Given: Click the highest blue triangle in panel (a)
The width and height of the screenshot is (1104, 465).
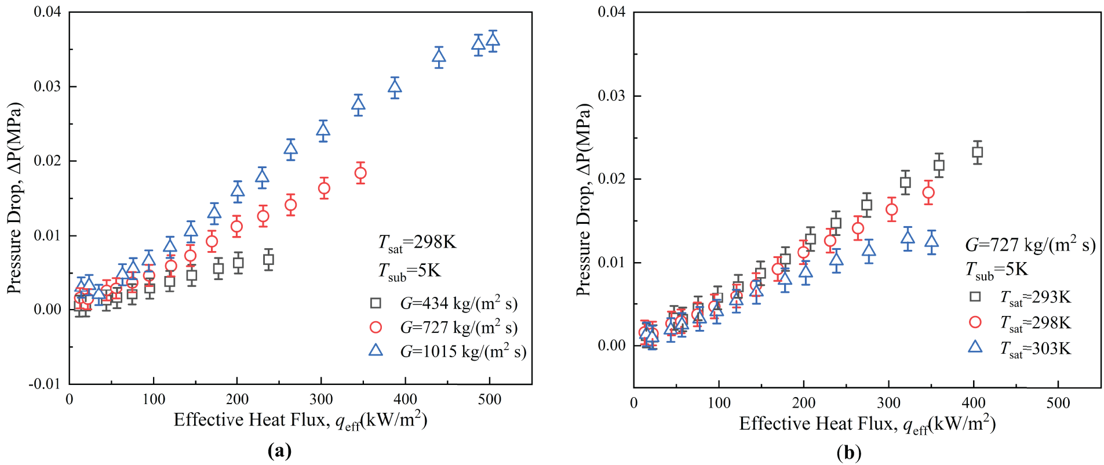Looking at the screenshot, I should pyautogui.click(x=493, y=41).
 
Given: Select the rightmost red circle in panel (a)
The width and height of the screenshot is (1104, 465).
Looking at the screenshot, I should pyautogui.click(x=360, y=173).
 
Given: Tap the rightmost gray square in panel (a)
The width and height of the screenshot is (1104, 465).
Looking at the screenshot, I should pyautogui.click(x=268, y=260).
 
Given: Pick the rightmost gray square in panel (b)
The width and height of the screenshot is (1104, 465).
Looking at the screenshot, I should pyautogui.click(x=977, y=152).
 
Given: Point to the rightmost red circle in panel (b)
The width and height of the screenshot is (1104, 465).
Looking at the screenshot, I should pyautogui.click(x=928, y=192).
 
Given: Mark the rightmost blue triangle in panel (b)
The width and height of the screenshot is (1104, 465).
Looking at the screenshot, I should pyautogui.click(x=931, y=241).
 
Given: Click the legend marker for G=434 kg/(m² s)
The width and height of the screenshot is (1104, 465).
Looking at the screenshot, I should pyautogui.click(x=376, y=303).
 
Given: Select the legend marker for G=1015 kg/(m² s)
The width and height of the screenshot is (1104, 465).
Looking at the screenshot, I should pyautogui.click(x=376, y=350).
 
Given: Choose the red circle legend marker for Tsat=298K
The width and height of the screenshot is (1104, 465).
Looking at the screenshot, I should pyautogui.click(x=975, y=322).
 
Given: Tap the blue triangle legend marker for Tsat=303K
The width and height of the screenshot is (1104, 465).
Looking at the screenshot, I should pyautogui.click(x=975, y=347).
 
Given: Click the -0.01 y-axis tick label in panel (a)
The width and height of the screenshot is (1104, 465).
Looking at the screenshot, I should pyautogui.click(x=45, y=383).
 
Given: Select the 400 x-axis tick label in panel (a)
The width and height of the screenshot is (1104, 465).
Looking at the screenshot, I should pyautogui.click(x=405, y=399).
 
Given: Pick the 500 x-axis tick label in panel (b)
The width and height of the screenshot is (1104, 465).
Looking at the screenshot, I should pyautogui.click(x=1058, y=403).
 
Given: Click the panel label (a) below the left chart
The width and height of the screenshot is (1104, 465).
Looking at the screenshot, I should pyautogui.click(x=280, y=451).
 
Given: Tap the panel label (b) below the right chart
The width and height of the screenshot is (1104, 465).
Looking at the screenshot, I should pyautogui.click(x=850, y=453).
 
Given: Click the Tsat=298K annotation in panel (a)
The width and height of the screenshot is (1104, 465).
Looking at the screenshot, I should pyautogui.click(x=417, y=243).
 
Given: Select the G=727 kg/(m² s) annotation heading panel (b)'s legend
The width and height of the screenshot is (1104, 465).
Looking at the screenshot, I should pyautogui.click(x=1030, y=245).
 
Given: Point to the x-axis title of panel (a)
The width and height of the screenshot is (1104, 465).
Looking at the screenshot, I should pyautogui.click(x=300, y=420).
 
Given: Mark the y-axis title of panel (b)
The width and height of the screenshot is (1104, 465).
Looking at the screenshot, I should pyautogui.click(x=584, y=200).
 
